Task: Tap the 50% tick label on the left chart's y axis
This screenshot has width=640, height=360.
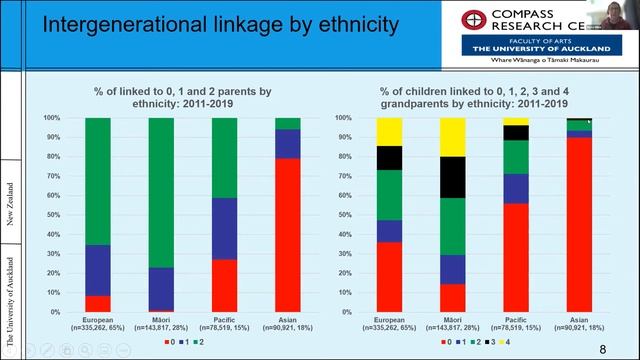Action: (x=52, y=215)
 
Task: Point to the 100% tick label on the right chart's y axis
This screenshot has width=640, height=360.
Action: (x=340, y=118)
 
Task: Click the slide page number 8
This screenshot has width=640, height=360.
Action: (x=601, y=347)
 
